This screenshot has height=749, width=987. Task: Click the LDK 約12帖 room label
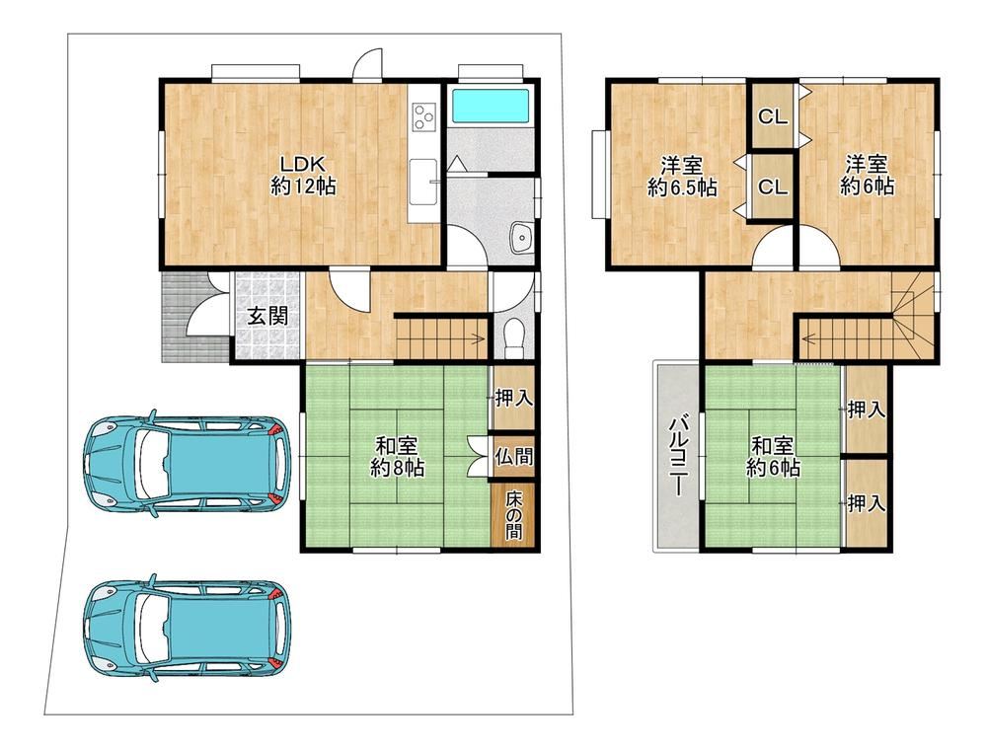click(303, 176)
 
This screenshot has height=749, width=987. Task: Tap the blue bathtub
click(491, 107)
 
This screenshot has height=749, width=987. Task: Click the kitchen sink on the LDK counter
click(423, 182)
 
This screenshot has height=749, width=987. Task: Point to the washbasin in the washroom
click(522, 237)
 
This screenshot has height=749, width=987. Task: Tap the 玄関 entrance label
click(267, 316)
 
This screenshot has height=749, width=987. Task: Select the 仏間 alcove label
click(514, 456)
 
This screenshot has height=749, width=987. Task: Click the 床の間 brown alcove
click(513, 514)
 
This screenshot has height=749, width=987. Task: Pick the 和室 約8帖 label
click(397, 457)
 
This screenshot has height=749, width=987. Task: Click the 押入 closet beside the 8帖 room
click(513, 398)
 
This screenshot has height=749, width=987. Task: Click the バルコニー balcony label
click(677, 455)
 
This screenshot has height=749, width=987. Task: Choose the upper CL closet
click(773, 116)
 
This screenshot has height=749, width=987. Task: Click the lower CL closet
click(773, 187)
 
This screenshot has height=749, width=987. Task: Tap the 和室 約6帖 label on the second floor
click(773, 457)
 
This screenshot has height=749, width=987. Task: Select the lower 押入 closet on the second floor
click(867, 503)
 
